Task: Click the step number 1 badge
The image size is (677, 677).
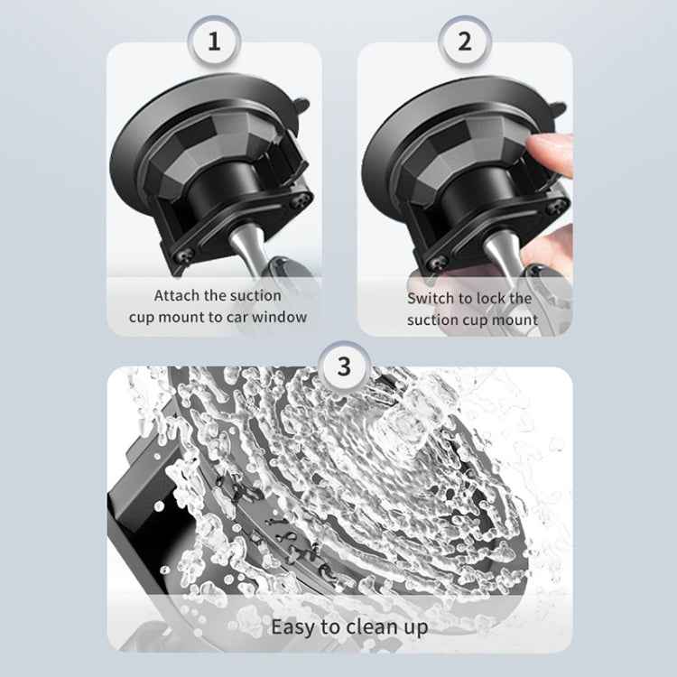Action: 214,41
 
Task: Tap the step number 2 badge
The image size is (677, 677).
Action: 464,41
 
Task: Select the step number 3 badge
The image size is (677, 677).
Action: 343,367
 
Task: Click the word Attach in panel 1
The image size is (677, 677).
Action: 178,295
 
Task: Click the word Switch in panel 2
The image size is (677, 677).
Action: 431,298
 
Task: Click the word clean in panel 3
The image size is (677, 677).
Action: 370,626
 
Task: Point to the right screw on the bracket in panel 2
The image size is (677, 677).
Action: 552,208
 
